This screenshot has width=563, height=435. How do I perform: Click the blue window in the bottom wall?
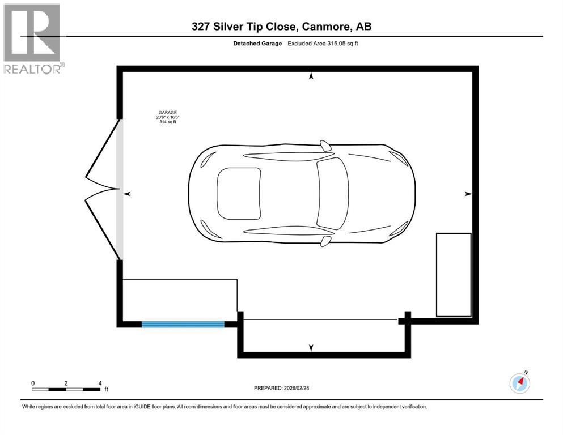pyautogui.click(x=183, y=324)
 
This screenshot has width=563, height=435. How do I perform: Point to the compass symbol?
pyautogui.click(x=519, y=383)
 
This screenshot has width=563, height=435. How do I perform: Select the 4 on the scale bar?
pyautogui.click(x=100, y=383)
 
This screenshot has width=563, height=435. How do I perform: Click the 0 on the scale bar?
pyautogui.click(x=33, y=383)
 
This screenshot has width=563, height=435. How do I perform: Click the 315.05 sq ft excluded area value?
pyautogui.click(x=339, y=44)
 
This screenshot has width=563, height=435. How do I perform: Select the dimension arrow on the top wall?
pyautogui.click(x=311, y=76)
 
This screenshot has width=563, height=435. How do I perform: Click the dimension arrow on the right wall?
pyautogui.click(x=468, y=194)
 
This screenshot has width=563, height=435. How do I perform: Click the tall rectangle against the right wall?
pyautogui.click(x=453, y=275)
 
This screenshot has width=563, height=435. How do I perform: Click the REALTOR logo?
pyautogui.click(x=33, y=38)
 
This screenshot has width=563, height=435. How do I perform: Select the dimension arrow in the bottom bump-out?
pyautogui.click(x=311, y=347)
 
